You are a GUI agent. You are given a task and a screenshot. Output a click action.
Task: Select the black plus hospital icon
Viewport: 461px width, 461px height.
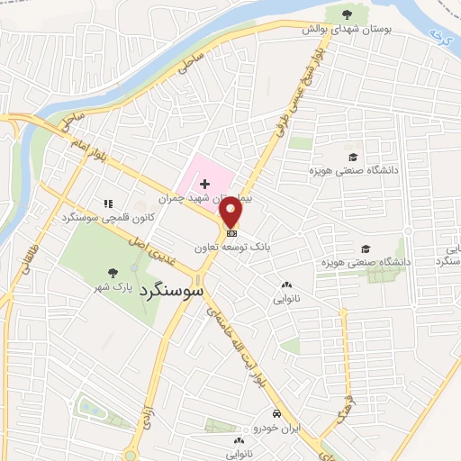(204, 183)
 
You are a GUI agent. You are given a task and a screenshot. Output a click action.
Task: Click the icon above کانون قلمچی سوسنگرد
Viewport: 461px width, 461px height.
(109, 204)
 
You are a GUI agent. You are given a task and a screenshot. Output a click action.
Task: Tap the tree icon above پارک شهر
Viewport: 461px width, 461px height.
(112, 271)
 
